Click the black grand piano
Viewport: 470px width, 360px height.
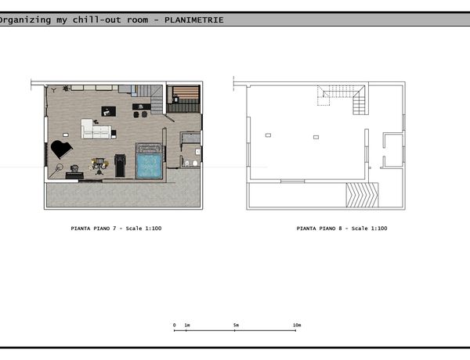[x=61, y=149]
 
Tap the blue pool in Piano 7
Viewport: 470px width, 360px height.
[x=149, y=166]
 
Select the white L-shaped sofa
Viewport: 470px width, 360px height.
[x=96, y=129]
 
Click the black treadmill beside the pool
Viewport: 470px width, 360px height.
[x=120, y=166]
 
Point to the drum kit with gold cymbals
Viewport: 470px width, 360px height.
[x=99, y=166]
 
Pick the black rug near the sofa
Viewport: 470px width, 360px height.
[x=109, y=111]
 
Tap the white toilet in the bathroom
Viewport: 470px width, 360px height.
[x=195, y=164]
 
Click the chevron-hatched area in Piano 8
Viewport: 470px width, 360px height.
[x=362, y=195]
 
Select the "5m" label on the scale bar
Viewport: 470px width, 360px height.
[x=237, y=325]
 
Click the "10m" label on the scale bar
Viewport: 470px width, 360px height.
[x=297, y=325]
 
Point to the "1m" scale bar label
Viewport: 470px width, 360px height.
[x=187, y=325]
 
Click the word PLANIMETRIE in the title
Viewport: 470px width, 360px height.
[x=194, y=20]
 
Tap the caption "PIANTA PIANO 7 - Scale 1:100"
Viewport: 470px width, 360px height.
[x=116, y=229]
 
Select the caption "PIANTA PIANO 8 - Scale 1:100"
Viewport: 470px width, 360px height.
[x=342, y=229]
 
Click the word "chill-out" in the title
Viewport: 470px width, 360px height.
[x=97, y=20]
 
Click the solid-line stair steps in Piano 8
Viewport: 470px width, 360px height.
[x=359, y=103]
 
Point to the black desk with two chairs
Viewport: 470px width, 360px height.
[x=142, y=110]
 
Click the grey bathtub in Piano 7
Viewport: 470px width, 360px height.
[x=190, y=138]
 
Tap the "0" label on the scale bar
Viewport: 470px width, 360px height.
[x=174, y=325]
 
